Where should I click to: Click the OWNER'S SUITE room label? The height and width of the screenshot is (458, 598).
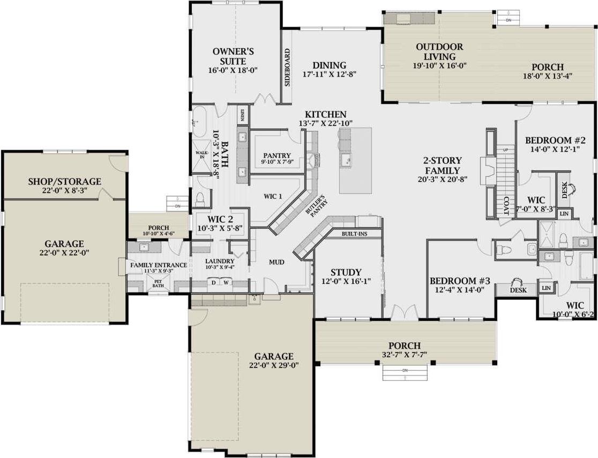click(x=233, y=56)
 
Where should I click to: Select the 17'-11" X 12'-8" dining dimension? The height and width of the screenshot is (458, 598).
click(x=330, y=74)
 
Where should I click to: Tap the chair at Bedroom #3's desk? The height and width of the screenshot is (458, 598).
click(x=518, y=283)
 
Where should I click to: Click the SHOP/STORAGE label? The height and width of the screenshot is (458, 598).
click(x=64, y=182)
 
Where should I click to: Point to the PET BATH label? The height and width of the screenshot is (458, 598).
click(x=159, y=283)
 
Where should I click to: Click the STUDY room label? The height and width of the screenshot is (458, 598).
click(x=346, y=272)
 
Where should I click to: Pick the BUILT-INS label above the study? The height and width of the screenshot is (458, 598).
click(x=354, y=234)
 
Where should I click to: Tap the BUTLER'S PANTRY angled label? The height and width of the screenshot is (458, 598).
click(x=317, y=204)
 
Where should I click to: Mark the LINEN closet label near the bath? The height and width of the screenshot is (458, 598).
click(x=243, y=115)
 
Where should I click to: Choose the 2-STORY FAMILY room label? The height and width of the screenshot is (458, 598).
click(x=442, y=166)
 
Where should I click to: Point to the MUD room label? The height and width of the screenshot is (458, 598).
click(x=276, y=262)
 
